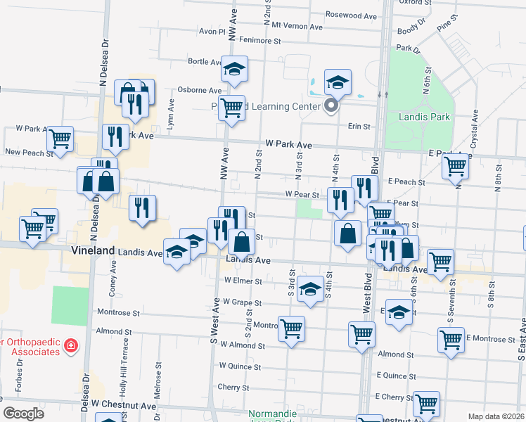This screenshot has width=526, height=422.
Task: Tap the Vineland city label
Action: coord(93,250)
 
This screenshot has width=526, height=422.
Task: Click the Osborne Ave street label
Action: coord(200,90)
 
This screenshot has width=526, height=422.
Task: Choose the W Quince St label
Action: coord(240,366)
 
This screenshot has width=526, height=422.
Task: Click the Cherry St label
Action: coord(229,387)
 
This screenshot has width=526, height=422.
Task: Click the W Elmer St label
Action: coord(243,281)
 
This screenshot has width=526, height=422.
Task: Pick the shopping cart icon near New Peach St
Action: coord(60,139)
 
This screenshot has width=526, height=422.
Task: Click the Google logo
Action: coord(23,414)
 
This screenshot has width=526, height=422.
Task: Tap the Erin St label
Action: coord(359,127)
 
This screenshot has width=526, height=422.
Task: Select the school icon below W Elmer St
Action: coord(310,289)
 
